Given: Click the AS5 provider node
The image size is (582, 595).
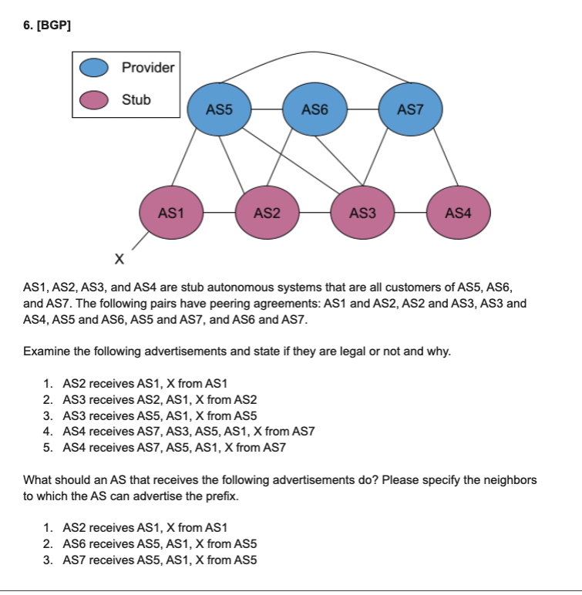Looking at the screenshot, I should [220, 110].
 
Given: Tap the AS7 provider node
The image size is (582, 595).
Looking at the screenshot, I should [410, 110].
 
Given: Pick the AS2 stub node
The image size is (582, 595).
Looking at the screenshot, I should [266, 212].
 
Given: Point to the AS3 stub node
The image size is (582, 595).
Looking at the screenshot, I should [362, 212].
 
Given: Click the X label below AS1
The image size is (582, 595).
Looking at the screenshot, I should [118, 257].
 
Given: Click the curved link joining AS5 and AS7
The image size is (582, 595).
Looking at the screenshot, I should [315, 55].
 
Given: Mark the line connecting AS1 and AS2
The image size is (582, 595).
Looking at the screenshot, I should [218, 212].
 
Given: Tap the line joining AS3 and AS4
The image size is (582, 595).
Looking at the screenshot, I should [410, 212].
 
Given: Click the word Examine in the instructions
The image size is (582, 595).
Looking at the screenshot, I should [48, 351].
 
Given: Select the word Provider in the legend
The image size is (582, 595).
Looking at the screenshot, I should [148, 68].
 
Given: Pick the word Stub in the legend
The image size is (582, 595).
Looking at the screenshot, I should [136, 100].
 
